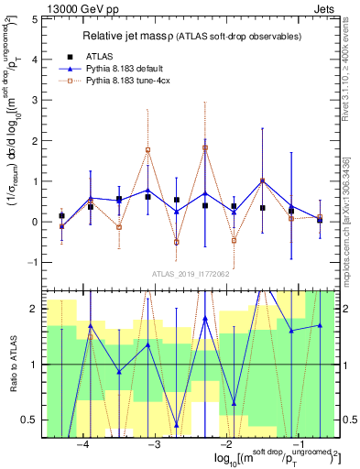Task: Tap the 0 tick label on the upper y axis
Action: (35, 222)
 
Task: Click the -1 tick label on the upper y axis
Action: (33, 262)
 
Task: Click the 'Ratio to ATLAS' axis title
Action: (12, 365)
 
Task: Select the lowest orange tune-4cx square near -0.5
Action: (176, 242)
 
